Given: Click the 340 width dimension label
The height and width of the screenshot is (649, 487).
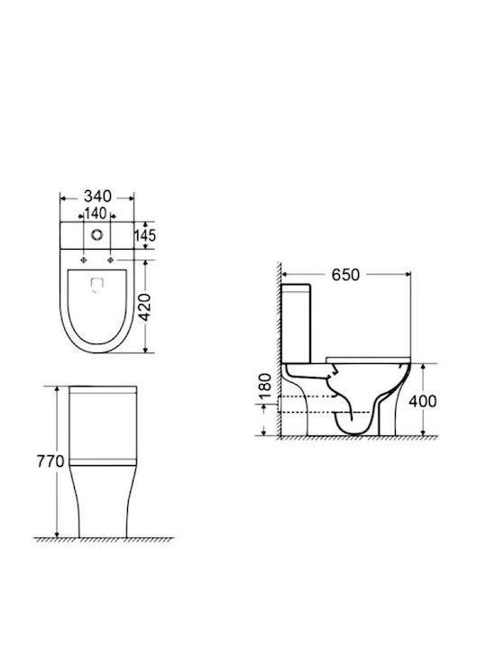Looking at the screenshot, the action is pos(97,196).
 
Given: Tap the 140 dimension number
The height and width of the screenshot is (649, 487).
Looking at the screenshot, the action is pos(96,213).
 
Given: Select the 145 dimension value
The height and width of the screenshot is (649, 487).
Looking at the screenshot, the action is pos(145,235).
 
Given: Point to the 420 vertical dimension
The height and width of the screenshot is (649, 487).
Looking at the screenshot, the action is pos(144,307).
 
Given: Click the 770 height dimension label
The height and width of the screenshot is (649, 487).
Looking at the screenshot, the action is pos(51,462).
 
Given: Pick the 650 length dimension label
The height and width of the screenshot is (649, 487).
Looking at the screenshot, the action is pos(345,275).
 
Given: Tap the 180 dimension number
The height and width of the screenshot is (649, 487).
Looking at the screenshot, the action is pos(265,386).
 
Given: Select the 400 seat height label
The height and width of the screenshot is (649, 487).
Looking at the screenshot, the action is pos(422,401).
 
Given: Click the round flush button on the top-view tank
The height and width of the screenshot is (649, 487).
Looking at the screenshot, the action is pos(96,235).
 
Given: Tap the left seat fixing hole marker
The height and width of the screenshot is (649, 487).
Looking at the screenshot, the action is pos(84,260).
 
